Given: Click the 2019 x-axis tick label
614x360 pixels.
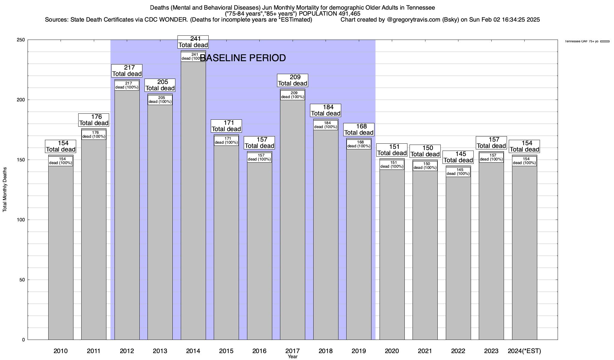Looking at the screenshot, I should click(359, 351).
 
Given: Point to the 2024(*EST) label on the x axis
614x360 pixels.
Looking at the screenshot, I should click(524, 351).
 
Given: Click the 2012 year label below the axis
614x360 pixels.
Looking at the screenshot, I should click(127, 351).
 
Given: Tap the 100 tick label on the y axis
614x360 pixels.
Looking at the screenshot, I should click(21, 220).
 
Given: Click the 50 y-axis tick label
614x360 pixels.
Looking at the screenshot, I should click(22, 280).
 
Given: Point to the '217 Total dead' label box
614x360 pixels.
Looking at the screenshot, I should click(127, 71).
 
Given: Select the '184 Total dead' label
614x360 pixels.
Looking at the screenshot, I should click(326, 110).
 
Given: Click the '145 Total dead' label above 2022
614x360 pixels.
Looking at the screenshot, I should click(458, 157).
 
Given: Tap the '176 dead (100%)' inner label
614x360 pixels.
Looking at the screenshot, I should click(94, 134).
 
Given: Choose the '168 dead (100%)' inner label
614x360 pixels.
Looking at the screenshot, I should click(359, 144).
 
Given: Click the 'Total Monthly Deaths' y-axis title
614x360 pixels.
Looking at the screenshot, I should click(5, 190).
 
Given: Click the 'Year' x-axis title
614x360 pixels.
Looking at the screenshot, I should click(292, 357).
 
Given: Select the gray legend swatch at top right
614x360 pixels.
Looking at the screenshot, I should click(605, 41).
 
